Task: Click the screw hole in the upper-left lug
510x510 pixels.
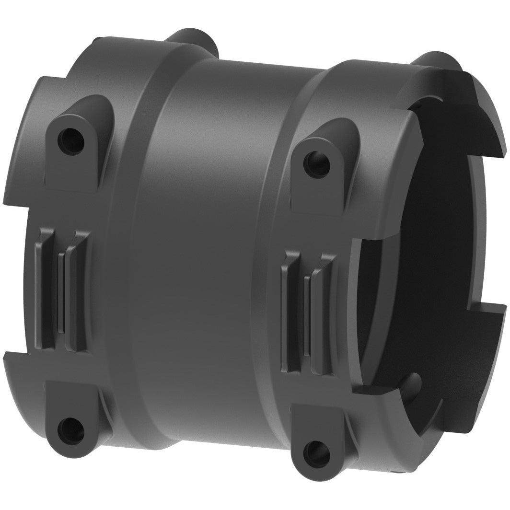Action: click(70, 139)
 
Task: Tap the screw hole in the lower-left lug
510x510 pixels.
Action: click(70, 430)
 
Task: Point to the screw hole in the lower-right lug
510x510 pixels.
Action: click(317, 452)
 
